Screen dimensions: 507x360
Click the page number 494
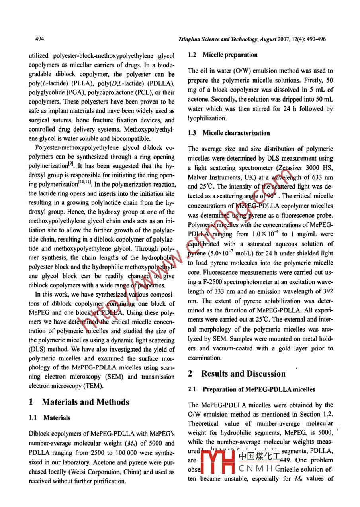pyautogui.click(x=39, y=39)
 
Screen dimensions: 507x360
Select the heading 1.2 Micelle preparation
pyautogui.click(x=223, y=55)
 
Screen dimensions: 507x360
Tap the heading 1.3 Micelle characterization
pyautogui.click(x=229, y=133)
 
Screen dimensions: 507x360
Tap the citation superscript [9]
pyautogui.click(x=70, y=164)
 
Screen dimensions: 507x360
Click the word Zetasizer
pyautogui.click(x=295, y=167)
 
